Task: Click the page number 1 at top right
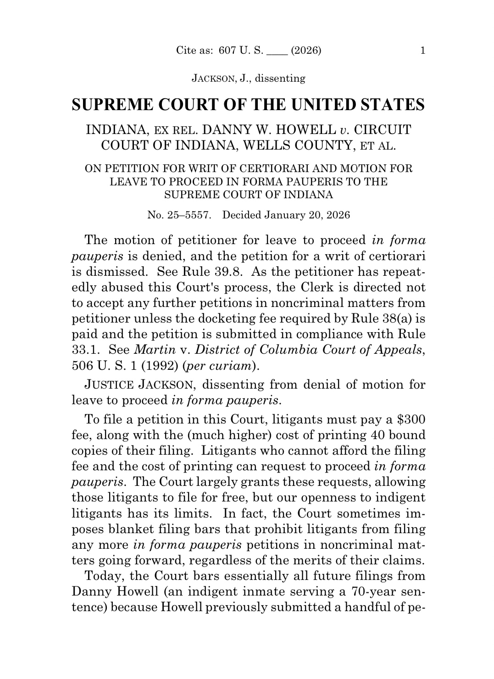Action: coord(422,50)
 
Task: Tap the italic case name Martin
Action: coord(155,350)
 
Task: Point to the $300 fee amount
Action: coord(411,419)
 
